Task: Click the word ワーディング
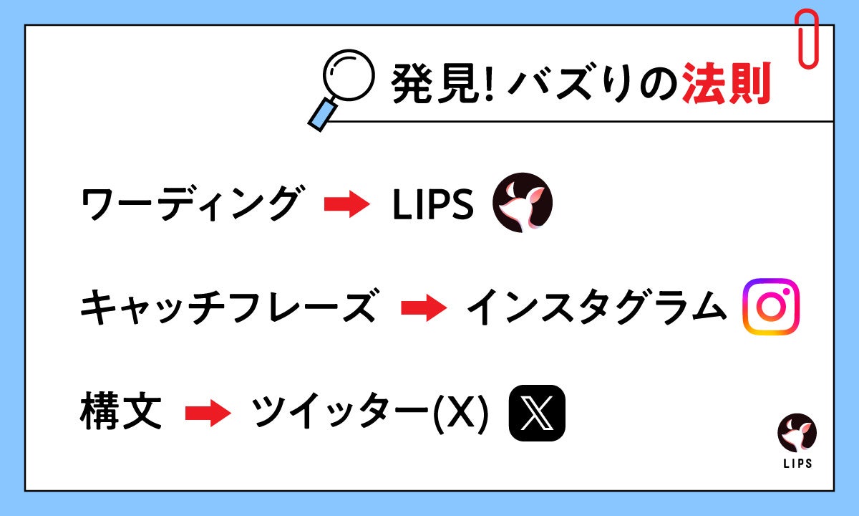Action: tap(189, 205)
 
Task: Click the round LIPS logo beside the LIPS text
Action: tap(523, 202)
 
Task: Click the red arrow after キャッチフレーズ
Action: tap(424, 308)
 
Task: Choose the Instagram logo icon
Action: tap(770, 306)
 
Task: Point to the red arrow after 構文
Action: tap(208, 413)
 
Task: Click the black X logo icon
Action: tap(537, 413)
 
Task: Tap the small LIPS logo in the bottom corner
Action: tap(797, 433)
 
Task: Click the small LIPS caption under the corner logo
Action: tap(797, 464)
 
